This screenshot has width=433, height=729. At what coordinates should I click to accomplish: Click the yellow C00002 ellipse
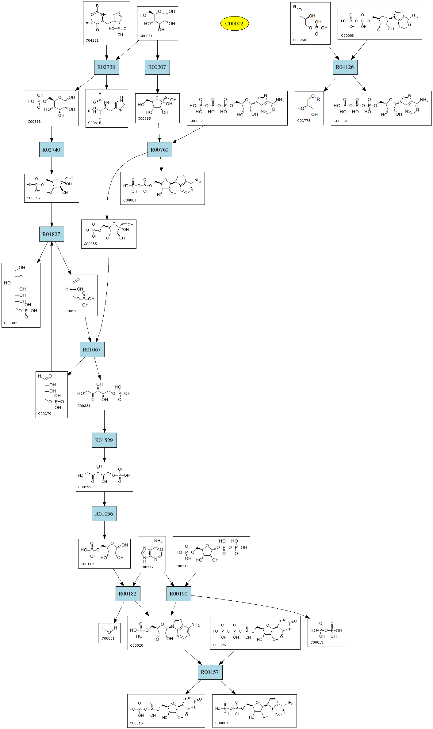point(234,24)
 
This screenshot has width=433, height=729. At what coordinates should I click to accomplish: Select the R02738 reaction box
point(106,67)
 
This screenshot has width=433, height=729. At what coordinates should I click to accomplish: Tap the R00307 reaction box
point(157,67)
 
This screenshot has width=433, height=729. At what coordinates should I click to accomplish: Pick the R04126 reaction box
point(345,67)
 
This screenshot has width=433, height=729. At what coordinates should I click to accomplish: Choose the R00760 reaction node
point(159,150)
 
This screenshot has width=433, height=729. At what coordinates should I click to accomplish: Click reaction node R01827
point(51,234)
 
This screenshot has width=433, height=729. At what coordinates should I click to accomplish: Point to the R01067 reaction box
point(92,349)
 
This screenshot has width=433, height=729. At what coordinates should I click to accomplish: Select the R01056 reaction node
point(104,513)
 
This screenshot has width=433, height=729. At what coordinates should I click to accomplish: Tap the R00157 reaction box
point(210,672)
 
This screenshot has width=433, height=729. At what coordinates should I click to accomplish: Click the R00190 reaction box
point(178,594)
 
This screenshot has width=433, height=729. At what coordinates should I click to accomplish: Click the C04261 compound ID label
point(92,40)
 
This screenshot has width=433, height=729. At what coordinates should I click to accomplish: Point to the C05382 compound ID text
point(10,323)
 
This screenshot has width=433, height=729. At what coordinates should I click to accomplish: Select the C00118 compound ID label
point(72,311)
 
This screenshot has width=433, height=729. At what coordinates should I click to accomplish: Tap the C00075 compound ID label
point(219,645)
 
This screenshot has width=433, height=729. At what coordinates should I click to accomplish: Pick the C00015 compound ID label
point(136,723)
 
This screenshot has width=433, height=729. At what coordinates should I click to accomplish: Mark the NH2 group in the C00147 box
point(158,541)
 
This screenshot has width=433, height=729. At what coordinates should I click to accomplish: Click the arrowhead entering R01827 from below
point(52,244)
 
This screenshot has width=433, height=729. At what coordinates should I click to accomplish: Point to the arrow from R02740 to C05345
point(52,165)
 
